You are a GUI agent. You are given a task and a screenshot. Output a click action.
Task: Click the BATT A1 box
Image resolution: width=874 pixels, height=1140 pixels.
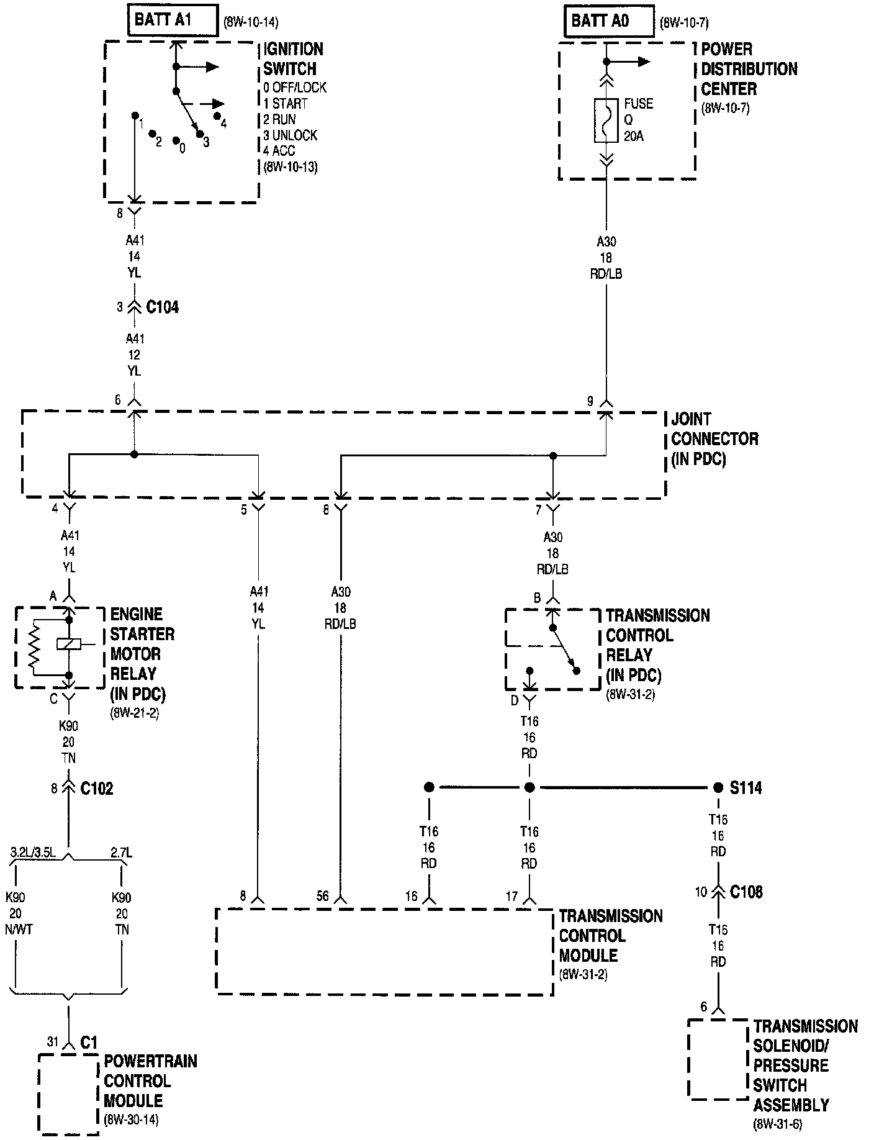point(173,20)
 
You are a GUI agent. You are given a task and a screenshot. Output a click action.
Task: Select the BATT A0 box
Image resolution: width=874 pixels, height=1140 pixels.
point(608,22)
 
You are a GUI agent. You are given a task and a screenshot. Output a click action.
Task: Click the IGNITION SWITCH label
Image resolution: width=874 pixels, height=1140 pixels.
point(292,59)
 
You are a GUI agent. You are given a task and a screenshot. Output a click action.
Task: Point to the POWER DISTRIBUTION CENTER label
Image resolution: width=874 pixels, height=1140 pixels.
point(749,69)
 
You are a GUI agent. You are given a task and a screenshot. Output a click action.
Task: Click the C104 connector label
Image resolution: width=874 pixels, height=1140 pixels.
point(162,307)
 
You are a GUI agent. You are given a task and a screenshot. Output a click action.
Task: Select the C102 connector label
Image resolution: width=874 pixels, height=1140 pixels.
point(97,789)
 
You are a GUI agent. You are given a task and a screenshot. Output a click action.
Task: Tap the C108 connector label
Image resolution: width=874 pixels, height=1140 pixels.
point(746,892)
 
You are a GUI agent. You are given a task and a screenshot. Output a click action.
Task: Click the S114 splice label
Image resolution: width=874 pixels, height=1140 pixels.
point(746,788)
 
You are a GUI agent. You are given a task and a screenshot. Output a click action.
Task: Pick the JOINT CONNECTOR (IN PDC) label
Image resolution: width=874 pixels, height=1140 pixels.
point(714,439)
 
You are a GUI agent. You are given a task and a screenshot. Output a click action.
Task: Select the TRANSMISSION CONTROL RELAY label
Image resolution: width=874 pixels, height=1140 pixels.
point(657,645)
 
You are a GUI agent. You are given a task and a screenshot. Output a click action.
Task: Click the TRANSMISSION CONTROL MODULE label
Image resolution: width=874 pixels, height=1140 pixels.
point(610,936)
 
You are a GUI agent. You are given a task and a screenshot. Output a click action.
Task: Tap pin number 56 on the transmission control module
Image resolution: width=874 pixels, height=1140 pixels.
point(323,896)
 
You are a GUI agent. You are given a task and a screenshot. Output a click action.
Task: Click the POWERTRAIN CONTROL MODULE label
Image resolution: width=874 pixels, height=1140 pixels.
point(150,1081)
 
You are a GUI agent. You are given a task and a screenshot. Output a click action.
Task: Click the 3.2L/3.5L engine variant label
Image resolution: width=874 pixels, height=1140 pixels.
point(33,854)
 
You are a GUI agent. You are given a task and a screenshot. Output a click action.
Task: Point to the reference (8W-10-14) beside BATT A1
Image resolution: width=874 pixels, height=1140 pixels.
point(251,24)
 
